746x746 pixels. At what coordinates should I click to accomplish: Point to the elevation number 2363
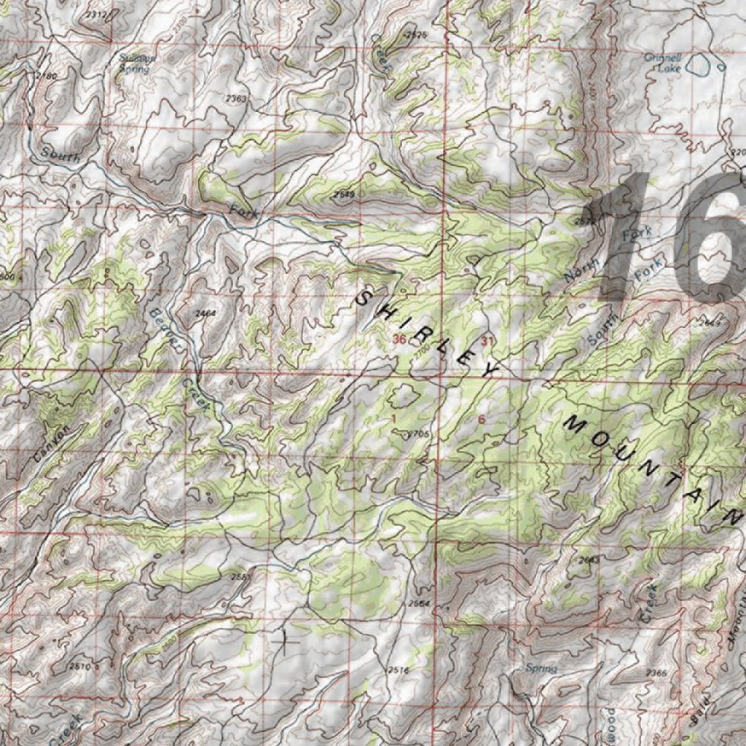click(x=237, y=98)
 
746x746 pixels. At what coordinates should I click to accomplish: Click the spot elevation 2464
click(x=206, y=313)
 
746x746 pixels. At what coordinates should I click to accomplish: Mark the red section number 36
click(x=398, y=339)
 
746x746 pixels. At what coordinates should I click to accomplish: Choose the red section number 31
click(x=487, y=341)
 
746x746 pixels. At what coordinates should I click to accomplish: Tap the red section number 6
click(x=482, y=420)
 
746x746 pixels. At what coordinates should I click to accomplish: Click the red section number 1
click(x=393, y=418)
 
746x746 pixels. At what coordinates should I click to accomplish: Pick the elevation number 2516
click(x=398, y=670)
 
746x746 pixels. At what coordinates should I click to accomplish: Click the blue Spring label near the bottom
click(x=541, y=668)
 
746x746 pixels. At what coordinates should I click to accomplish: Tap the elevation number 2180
click(x=46, y=76)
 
